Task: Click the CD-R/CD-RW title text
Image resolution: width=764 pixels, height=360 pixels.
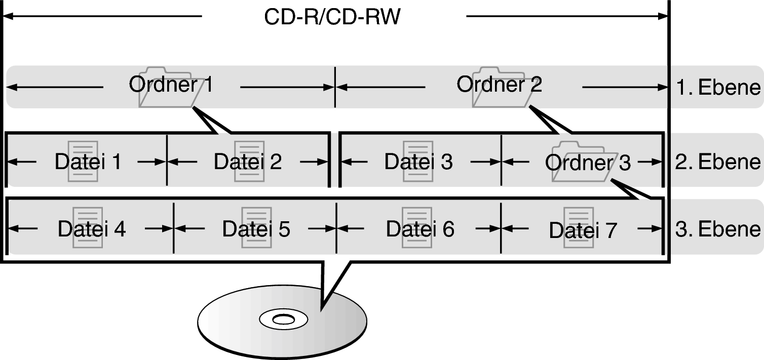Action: pos(332,17)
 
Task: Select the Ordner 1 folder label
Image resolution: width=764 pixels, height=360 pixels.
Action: pos(171,85)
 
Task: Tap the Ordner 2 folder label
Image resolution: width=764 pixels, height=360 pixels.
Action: pos(499,85)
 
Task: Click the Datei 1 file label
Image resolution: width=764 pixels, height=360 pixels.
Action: pos(88,162)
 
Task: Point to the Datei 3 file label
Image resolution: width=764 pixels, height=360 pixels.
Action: pos(418,162)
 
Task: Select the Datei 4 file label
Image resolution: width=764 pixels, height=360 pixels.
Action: pos(91,229)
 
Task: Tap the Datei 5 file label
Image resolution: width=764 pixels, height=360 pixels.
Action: pos(256,229)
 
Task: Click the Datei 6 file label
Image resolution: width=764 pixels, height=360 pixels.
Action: pos(420,229)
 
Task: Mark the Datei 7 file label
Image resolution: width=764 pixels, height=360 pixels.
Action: pos(583,231)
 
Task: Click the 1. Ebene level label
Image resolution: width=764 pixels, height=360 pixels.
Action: pos(718,88)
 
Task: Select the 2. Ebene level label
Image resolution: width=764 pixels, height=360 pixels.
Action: pos(718,162)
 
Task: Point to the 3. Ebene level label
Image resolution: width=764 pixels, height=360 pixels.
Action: pos(718,229)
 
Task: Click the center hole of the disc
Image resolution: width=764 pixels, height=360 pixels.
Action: pos(282,319)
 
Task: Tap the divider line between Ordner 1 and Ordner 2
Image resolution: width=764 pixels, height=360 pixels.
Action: pos(335,87)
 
